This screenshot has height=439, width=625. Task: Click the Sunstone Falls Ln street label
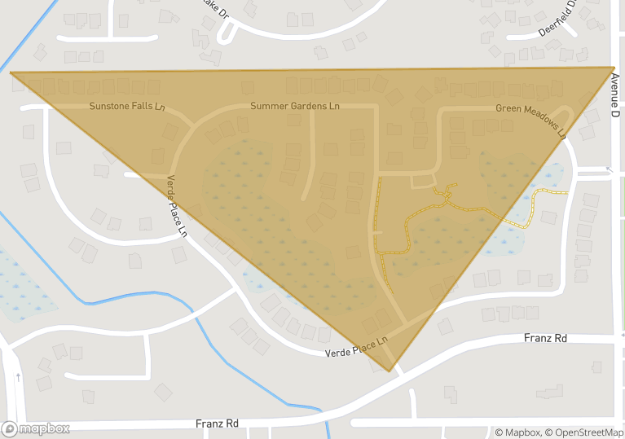click(126, 107)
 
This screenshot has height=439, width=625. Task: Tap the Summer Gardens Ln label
click(295, 106)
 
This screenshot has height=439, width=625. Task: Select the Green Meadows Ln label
click(530, 120)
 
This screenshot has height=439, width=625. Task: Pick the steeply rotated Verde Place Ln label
click(178, 206)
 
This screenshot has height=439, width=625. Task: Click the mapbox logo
click(36, 428)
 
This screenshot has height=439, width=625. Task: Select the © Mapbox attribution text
click(518, 432)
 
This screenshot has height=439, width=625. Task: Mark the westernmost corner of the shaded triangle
click(11, 72)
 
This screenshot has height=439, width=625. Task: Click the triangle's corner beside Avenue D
click(614, 68)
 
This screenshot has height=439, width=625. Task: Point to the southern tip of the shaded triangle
click(392, 371)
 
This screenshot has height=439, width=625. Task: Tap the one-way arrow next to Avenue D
click(609, 170)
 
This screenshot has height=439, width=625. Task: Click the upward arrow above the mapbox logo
click(18, 378)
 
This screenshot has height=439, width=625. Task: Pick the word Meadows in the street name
click(537, 122)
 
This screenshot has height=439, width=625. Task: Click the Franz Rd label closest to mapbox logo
click(217, 424)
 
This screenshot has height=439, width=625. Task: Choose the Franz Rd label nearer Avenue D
click(545, 338)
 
